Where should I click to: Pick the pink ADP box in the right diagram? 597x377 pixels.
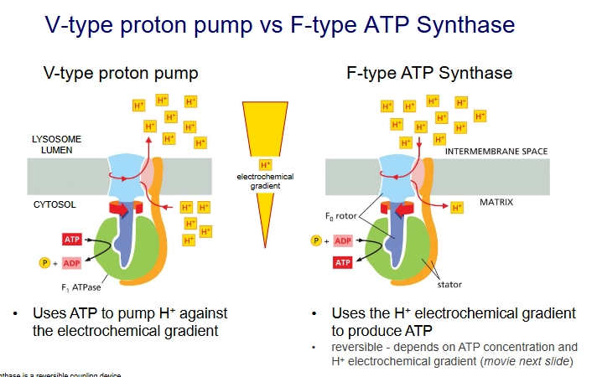[343, 240]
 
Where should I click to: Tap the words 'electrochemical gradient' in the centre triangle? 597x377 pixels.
[266, 182]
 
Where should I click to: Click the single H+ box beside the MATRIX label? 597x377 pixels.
[457, 206]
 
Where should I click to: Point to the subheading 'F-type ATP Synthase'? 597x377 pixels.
[428, 73]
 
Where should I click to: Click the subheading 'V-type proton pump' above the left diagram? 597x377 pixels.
[121, 73]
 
